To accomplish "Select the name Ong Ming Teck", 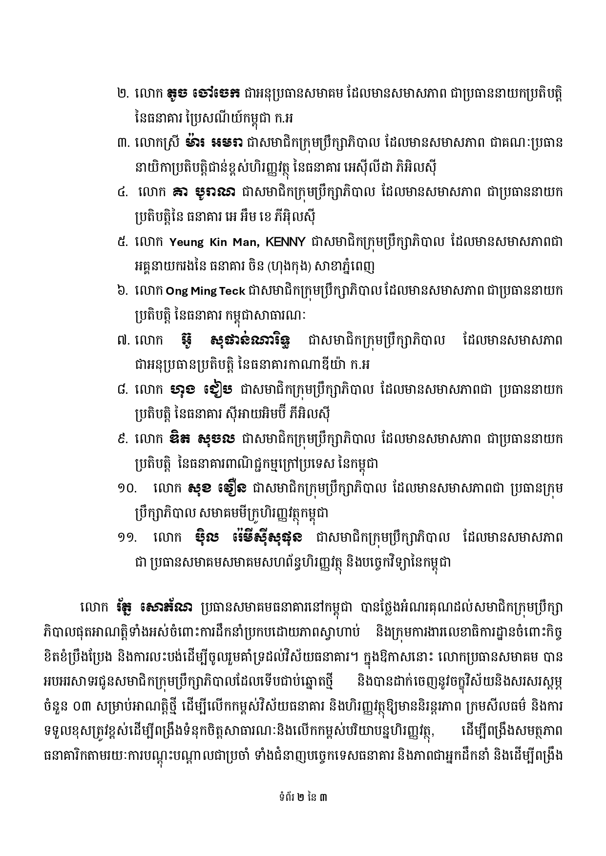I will (x=206, y=291).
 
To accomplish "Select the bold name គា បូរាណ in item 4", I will (x=205, y=192).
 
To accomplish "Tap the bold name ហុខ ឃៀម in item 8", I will (x=202, y=389).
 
